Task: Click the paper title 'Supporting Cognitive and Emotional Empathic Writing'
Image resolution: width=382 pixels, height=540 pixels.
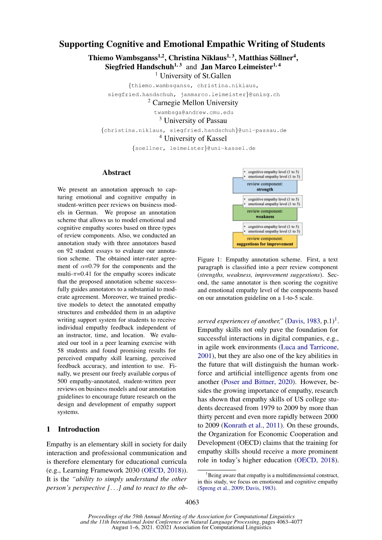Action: coord(192,44)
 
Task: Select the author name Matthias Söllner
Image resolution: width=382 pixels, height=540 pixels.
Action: coord(265,58)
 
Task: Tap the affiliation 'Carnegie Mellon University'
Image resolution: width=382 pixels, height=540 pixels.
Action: coord(195,103)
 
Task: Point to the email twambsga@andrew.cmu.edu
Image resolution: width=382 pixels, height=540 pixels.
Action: coord(194,112)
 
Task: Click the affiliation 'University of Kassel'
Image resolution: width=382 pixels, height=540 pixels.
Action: coord(195,139)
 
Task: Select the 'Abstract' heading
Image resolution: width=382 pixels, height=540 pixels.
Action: coord(116,172)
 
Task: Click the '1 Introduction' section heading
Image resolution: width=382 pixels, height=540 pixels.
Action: coord(73,429)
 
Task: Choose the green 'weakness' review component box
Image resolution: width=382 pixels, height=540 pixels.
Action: coord(265,214)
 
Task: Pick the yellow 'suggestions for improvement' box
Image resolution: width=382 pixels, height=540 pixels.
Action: coord(265,241)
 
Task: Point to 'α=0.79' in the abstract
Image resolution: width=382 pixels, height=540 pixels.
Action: coord(90,266)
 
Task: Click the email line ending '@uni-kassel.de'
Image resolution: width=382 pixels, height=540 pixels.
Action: coord(194,148)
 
